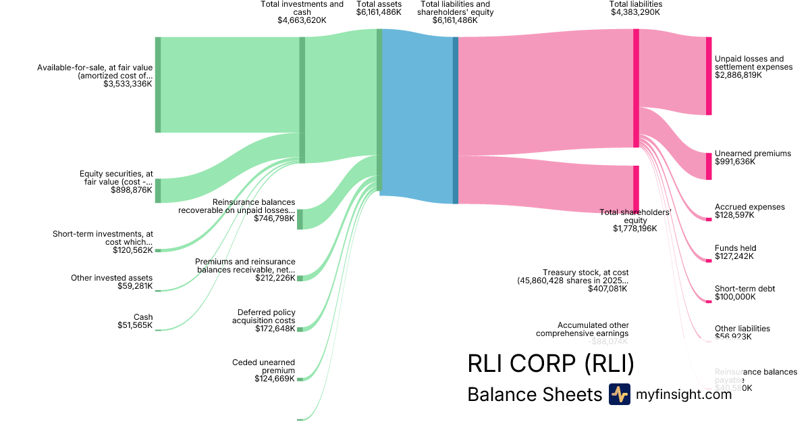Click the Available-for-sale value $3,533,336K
click(x=128, y=85)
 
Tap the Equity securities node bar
click(x=158, y=191)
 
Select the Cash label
click(x=143, y=317)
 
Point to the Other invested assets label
click(x=112, y=278)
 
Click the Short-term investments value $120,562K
click(x=133, y=250)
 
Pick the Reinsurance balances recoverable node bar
click(x=300, y=219)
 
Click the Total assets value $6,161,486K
click(x=379, y=13)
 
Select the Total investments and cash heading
click(x=302, y=8)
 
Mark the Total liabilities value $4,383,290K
click(x=635, y=13)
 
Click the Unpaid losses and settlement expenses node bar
click(x=709, y=76)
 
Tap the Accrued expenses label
click(x=749, y=206)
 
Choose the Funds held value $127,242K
click(x=734, y=256)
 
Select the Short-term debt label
click(x=745, y=289)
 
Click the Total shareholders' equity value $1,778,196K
click(x=635, y=229)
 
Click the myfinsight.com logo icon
click(x=619, y=394)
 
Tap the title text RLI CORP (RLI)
click(x=551, y=364)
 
